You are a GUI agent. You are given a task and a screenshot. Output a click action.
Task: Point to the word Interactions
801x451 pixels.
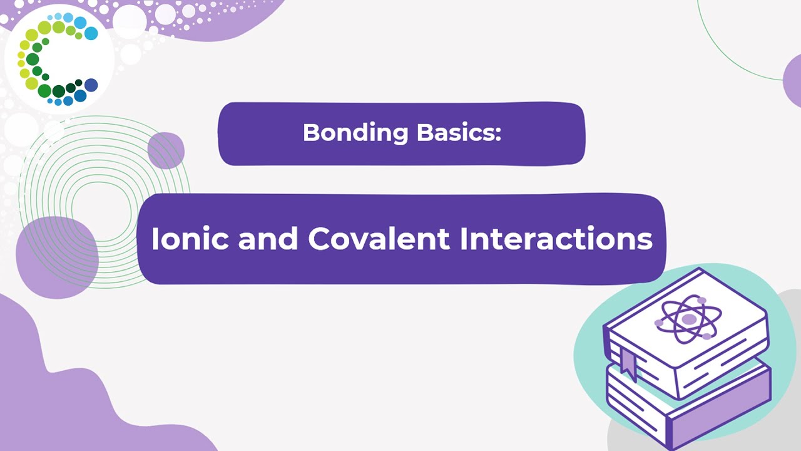[556, 239]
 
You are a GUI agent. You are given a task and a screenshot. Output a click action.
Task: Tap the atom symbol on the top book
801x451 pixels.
[686, 320]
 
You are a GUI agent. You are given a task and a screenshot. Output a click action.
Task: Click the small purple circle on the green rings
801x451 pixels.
[166, 150]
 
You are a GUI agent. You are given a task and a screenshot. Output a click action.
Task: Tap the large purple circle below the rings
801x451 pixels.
[56, 257]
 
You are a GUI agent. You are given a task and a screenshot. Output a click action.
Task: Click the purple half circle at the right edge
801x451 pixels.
[792, 80]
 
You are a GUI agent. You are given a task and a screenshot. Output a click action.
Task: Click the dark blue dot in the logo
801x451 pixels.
[91, 85]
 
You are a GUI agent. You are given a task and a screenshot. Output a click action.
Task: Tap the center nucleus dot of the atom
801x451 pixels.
[689, 319]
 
